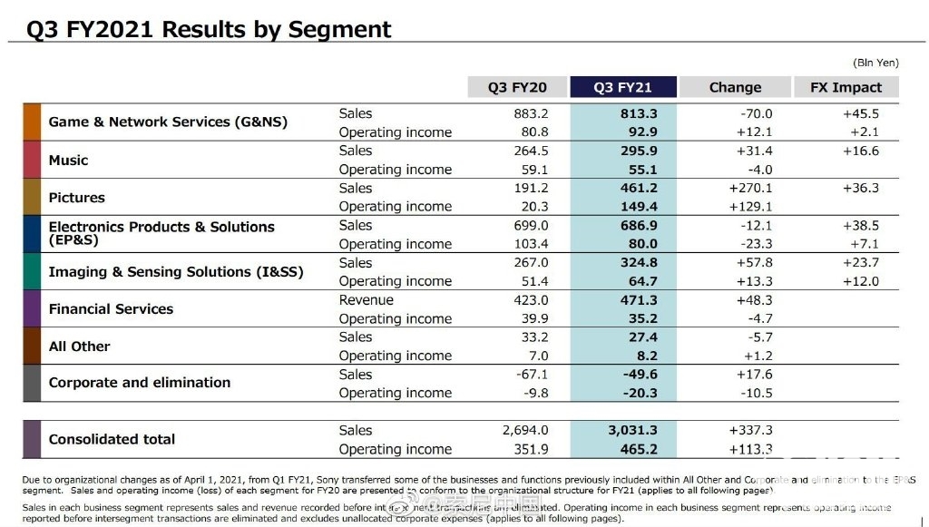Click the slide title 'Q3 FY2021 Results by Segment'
tap(209, 29)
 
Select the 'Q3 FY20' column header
tap(517, 87)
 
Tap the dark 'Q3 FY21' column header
tap(622, 87)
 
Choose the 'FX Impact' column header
tap(845, 87)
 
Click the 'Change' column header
tap(735, 87)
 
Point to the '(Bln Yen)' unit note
tap(875, 63)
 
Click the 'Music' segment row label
tap(68, 161)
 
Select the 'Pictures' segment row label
tap(76, 198)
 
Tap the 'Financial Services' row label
tap(111, 309)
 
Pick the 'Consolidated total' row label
tap(112, 439)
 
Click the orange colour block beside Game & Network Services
tap(32, 122)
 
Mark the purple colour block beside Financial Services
tap(32, 309)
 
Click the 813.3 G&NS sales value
tap(640, 113)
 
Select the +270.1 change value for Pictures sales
tap(750, 189)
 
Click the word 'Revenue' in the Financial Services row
tap(367, 300)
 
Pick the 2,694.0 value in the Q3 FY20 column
tap(525, 431)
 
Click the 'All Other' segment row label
tap(79, 346)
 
